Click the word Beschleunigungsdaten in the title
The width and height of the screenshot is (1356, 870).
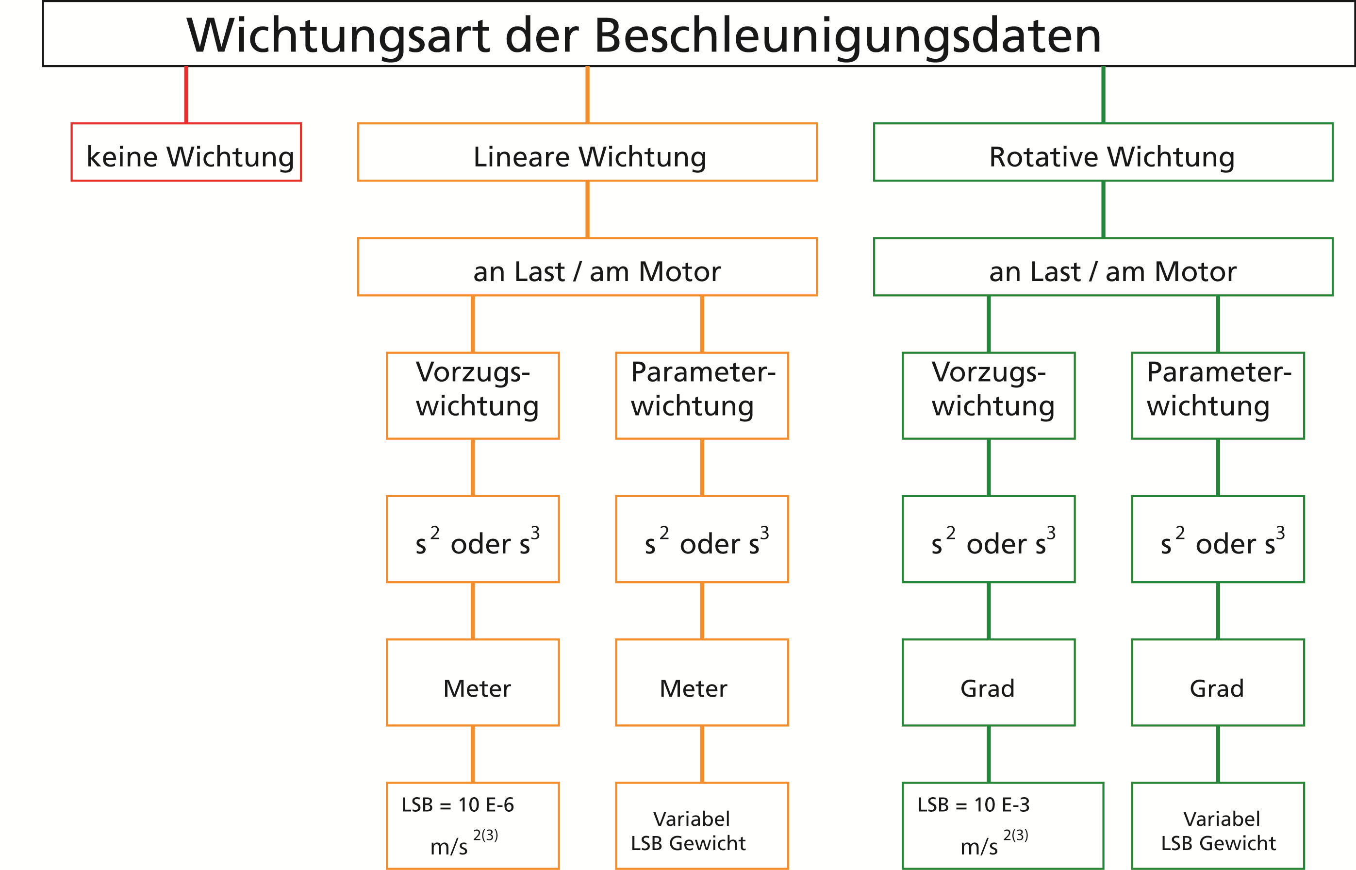(x=847, y=35)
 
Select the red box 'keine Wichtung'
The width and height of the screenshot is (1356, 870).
(x=186, y=152)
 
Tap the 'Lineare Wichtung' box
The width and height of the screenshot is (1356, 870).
(x=587, y=152)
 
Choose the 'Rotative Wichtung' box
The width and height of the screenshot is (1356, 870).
(x=1103, y=152)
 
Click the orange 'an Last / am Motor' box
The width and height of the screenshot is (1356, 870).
(x=587, y=267)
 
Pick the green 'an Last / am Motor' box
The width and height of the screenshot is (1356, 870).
(x=1103, y=267)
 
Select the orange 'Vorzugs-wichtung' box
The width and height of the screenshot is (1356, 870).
(x=473, y=396)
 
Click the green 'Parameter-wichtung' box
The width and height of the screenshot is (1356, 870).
(x=1218, y=396)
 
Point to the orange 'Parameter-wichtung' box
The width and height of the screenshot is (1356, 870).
(x=702, y=396)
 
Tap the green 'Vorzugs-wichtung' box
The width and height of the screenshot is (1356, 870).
(x=988, y=396)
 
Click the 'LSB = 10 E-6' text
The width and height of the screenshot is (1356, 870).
(x=458, y=805)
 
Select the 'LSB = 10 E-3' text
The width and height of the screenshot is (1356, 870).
(x=974, y=805)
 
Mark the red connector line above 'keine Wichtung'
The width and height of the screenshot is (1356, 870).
(x=186, y=95)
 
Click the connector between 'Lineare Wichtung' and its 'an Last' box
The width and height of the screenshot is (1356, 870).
(x=587, y=210)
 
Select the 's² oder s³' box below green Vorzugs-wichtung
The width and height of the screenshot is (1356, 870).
(x=988, y=539)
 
